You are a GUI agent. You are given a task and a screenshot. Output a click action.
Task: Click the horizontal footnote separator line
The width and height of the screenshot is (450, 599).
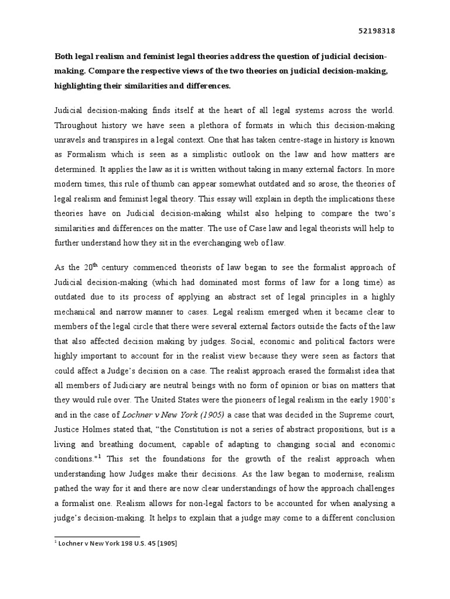(97, 536)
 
